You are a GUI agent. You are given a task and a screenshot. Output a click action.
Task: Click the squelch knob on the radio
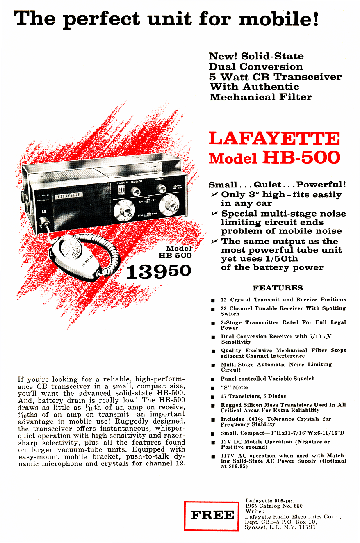135,191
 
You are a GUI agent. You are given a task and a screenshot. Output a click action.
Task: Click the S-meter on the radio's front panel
121,190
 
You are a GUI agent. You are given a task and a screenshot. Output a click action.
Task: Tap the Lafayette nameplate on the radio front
68,196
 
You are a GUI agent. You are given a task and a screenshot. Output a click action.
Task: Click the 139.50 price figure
158,271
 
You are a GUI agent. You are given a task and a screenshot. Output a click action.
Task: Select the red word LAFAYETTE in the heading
274,139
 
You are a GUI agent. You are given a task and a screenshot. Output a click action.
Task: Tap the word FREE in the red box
212,515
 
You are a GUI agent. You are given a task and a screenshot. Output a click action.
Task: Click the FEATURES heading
278,288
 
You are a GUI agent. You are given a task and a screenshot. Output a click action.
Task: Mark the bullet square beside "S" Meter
213,388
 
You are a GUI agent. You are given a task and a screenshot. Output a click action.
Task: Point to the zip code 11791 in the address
307,527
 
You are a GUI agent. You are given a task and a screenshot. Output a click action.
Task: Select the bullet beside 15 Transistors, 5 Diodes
213,397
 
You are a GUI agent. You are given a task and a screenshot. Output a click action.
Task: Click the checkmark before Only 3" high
214,195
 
